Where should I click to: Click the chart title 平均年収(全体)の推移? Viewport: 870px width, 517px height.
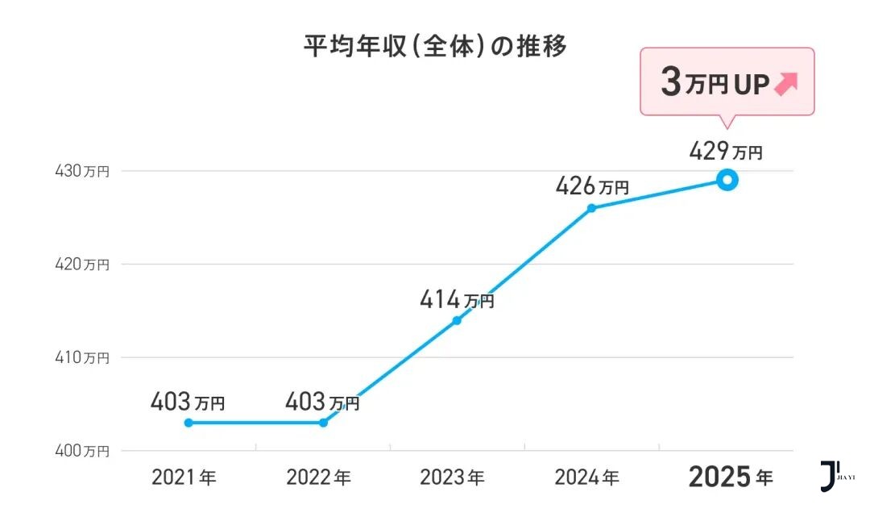435,47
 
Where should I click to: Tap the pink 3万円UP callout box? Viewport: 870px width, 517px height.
727,82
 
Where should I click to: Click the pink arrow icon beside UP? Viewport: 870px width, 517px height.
785,84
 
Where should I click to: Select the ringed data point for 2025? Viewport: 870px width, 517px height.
727,180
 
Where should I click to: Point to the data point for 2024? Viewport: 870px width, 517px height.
591,208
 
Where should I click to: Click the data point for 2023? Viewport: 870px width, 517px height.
457,320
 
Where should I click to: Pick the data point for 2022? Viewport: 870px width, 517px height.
323,423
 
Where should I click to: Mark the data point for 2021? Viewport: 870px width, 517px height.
188,423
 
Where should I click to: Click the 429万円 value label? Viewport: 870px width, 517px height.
725,152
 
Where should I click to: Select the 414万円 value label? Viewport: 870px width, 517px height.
457,301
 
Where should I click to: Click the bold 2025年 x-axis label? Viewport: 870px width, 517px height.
730,477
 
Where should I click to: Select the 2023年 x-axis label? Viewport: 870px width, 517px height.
452,477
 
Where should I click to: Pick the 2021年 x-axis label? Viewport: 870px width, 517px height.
184,477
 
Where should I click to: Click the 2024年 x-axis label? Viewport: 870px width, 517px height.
586,477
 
